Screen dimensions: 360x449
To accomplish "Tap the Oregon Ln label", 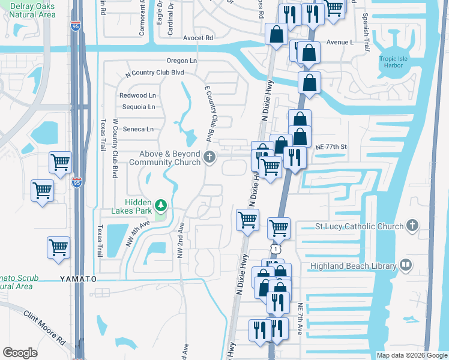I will point(182,61).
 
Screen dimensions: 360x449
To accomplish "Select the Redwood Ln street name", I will point(137,95).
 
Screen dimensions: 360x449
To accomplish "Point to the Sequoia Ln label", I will point(138,107).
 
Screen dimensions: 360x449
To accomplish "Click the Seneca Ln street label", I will point(138,129).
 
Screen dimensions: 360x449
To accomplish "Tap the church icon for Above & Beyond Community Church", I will point(209,158).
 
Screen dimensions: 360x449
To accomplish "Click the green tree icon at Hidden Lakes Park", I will point(161,206).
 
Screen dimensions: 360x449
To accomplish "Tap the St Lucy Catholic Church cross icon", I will point(412,226).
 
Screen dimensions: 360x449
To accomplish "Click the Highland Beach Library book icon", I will point(406,265).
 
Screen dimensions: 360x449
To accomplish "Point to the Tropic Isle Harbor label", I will point(396,62).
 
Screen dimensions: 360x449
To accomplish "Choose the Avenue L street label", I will point(341,43).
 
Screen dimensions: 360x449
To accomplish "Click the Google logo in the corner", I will point(20,353).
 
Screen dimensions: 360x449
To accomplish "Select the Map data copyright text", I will point(411,355).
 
